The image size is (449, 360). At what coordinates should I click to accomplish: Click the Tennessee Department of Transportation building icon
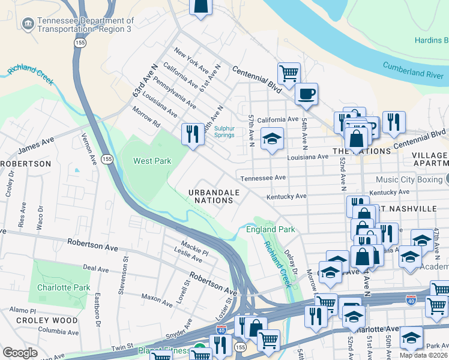point(27,24)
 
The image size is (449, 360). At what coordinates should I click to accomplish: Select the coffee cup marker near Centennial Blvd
point(306,94)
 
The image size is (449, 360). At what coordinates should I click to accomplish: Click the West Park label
point(152,161)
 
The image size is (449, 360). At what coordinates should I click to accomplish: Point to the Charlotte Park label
point(63,287)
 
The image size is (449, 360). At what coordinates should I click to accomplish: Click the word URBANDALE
point(214,192)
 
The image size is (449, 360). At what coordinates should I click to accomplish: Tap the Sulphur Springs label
point(224,131)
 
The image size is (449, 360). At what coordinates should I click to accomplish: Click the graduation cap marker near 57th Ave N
point(272,139)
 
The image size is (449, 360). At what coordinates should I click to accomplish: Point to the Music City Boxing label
point(409,179)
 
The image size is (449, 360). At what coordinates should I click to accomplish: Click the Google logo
point(20,353)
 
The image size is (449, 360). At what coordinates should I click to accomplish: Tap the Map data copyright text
point(423,355)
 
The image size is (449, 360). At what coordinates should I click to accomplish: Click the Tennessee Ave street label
point(262,178)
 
